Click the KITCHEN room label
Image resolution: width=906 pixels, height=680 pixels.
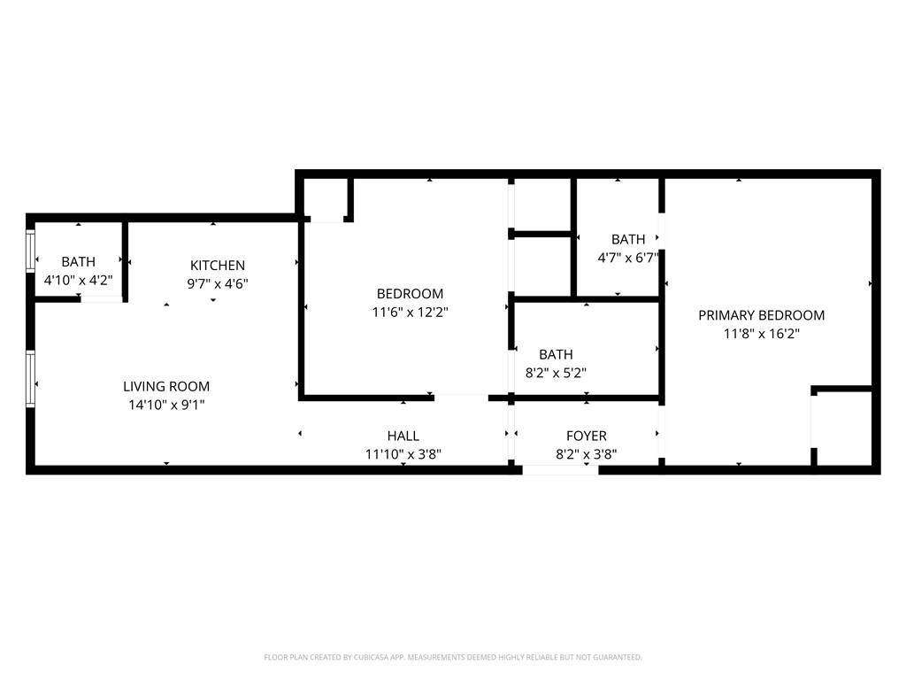coord(218,266)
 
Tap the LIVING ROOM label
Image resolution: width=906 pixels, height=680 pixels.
coord(166,386)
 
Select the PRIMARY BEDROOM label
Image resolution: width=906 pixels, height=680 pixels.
coord(762,315)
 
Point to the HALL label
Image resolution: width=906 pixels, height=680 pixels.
coord(403,436)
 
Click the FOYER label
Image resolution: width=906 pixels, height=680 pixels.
coord(587,436)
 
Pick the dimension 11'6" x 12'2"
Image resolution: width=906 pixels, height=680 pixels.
coord(411,313)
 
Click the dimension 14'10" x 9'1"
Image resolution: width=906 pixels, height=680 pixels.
coord(166,405)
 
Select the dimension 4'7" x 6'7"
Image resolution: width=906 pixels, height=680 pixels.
coord(628,258)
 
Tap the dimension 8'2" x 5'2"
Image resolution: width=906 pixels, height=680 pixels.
coord(556,373)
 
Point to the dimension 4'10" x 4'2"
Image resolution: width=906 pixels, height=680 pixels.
coord(79,281)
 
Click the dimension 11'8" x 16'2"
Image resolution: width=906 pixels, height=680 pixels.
coord(762,334)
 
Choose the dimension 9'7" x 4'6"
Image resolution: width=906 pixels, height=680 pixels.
coord(218,284)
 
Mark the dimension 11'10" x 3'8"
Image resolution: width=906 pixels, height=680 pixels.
coord(403,454)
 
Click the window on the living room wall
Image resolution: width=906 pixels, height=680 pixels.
coord(30,378)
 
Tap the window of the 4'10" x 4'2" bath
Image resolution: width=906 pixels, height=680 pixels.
coord(30,251)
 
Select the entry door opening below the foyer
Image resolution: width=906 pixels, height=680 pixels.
coord(560,469)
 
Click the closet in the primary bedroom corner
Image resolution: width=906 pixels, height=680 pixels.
coord(843,428)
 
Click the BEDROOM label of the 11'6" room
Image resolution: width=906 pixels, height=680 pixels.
coord(411,294)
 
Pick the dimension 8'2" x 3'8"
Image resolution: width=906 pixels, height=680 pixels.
coord(587,454)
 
